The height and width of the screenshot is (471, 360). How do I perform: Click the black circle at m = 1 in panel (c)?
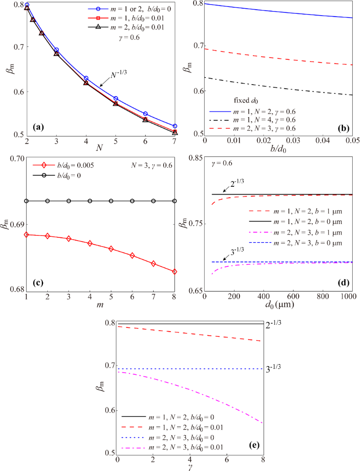click(27, 201)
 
